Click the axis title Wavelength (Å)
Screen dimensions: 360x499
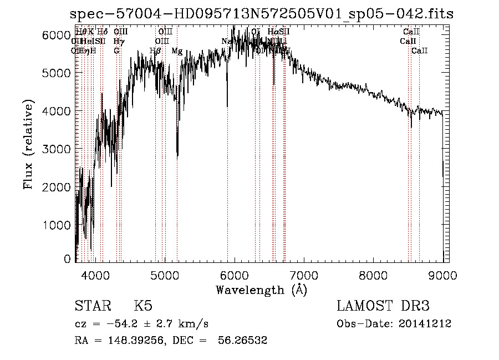(x=261, y=289)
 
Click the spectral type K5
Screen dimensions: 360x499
(x=143, y=306)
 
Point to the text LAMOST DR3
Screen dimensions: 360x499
(x=383, y=306)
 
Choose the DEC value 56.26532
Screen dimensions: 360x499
(x=243, y=341)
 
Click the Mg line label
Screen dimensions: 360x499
(x=176, y=51)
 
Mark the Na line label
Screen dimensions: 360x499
(x=226, y=42)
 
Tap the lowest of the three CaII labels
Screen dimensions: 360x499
(x=419, y=51)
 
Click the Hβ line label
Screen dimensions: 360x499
(x=155, y=51)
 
